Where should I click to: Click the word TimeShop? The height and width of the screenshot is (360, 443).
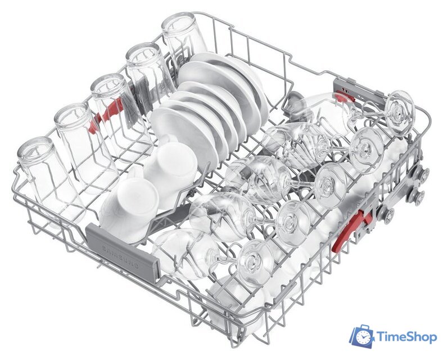[407, 337]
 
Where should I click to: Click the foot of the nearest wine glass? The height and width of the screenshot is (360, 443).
[255, 263]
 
